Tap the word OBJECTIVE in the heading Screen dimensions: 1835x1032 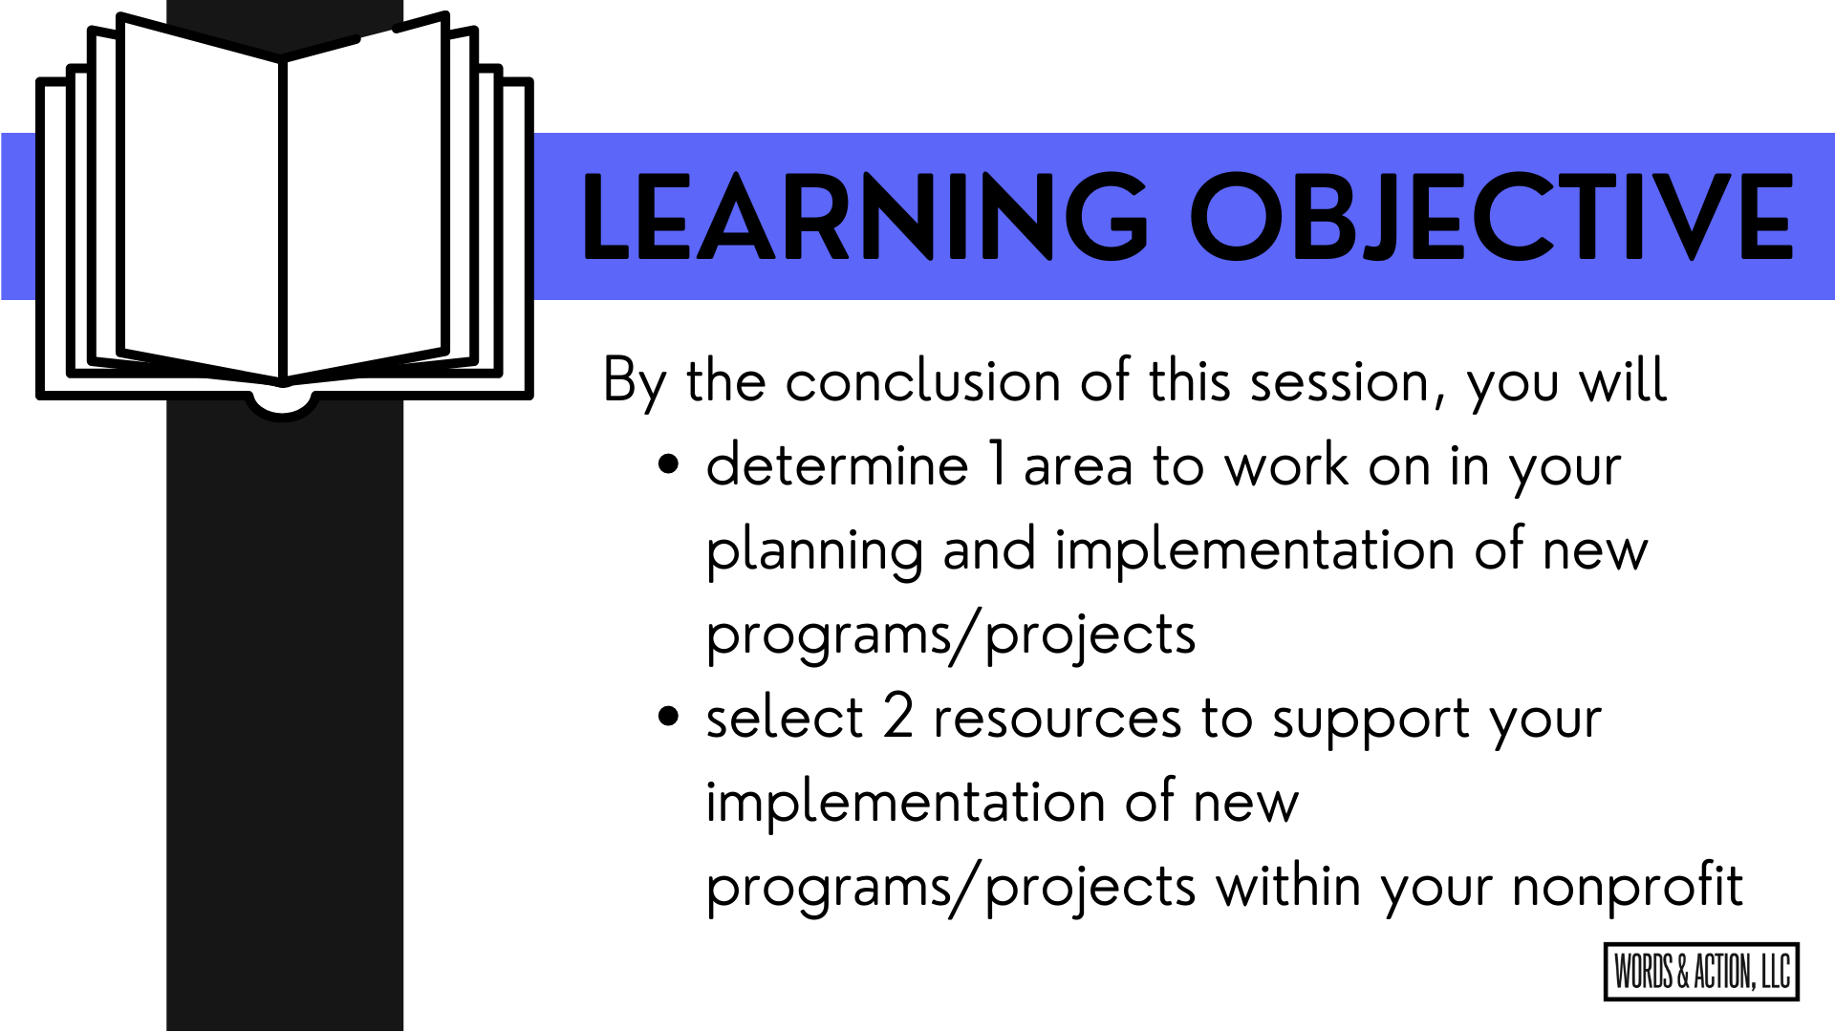(1492, 216)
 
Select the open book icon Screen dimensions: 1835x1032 (284, 216)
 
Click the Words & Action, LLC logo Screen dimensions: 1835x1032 (1701, 972)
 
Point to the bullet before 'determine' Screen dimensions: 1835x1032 (669, 465)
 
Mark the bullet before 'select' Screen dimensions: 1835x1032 (669, 718)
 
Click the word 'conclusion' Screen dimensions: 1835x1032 (922, 381)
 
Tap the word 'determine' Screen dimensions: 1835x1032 (837, 465)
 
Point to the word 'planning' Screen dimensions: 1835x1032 (814, 552)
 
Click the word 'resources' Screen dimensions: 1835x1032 (1057, 720)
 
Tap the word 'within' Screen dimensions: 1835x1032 (1288, 886)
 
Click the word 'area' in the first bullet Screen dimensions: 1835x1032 (1078, 468)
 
